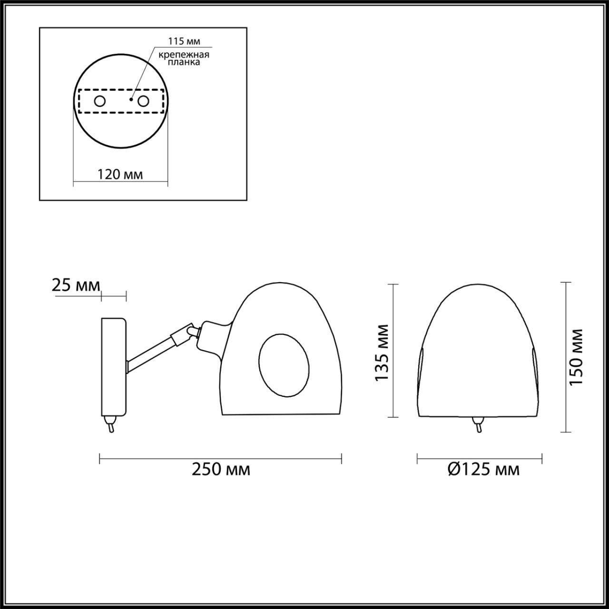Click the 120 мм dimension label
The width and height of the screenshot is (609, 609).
click(x=120, y=174)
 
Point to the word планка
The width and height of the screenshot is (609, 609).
click(x=184, y=62)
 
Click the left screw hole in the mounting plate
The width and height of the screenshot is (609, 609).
click(x=100, y=101)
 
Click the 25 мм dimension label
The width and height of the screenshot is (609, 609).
click(x=76, y=285)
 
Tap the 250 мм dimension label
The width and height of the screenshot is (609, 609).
click(x=221, y=470)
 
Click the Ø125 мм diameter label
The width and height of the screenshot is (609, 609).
click(x=483, y=470)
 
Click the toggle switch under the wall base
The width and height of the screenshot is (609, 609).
click(x=110, y=423)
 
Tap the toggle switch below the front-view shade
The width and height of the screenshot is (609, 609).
click(x=478, y=423)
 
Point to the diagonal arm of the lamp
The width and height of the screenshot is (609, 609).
click(x=149, y=354)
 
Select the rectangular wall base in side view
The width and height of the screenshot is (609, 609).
click(x=113, y=366)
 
